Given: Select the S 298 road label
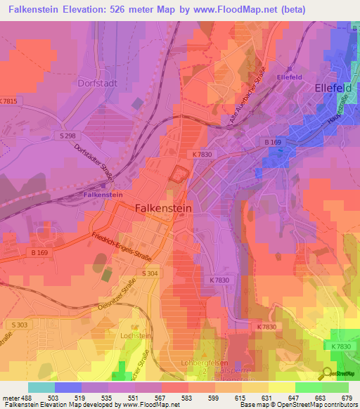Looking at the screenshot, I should pos(68,136).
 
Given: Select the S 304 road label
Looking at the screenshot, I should pos(149,273).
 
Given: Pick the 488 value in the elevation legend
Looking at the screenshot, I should pos(27,398).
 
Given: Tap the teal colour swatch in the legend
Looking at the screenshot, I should pos(41,387).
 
